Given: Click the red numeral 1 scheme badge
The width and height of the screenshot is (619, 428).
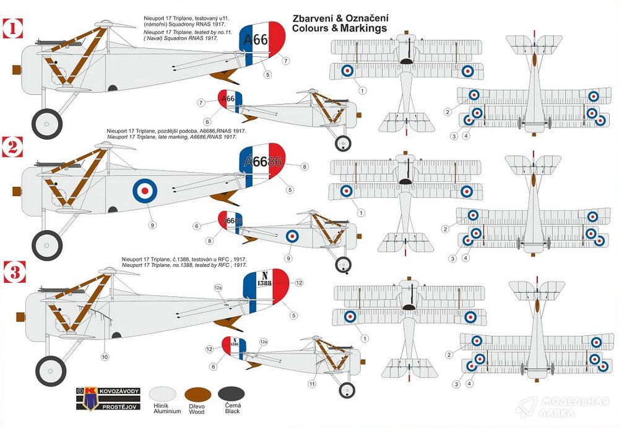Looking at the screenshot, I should [x=12, y=28].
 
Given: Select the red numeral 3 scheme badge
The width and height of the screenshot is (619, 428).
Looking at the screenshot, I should [x=12, y=271].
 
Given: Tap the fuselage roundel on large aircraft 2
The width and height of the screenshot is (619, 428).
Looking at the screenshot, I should [x=144, y=190].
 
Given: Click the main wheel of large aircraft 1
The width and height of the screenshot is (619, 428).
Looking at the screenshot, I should [x=46, y=123].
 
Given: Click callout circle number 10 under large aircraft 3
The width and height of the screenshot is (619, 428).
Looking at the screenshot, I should [x=105, y=356].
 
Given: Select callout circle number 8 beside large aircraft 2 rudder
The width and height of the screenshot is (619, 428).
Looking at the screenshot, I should [x=305, y=167].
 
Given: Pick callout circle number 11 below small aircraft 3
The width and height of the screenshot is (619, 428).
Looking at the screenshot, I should [x=313, y=383].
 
